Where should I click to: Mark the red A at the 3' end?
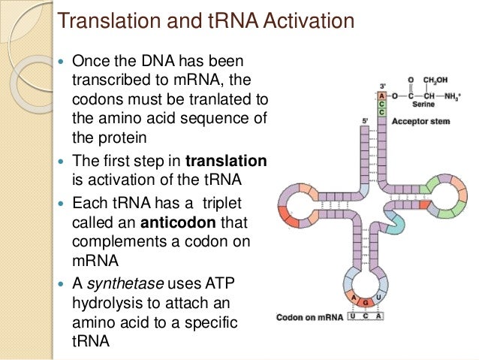382,95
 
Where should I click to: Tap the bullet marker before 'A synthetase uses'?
61,284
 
